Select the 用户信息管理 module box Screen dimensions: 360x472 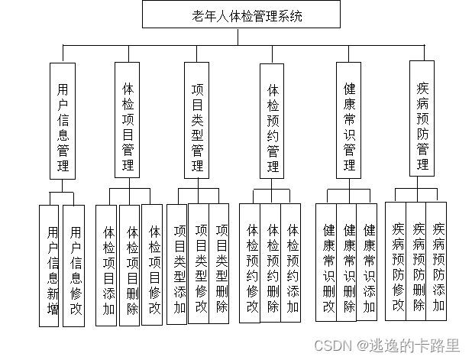pos(63,121)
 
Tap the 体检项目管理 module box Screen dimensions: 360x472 pos(128,121)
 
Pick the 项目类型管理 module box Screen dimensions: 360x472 pos(197,121)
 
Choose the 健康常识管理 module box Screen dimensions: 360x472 pos(349,121)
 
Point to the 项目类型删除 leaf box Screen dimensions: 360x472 pos(220,260)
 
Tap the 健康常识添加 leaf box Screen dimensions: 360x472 pos(368,260)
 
